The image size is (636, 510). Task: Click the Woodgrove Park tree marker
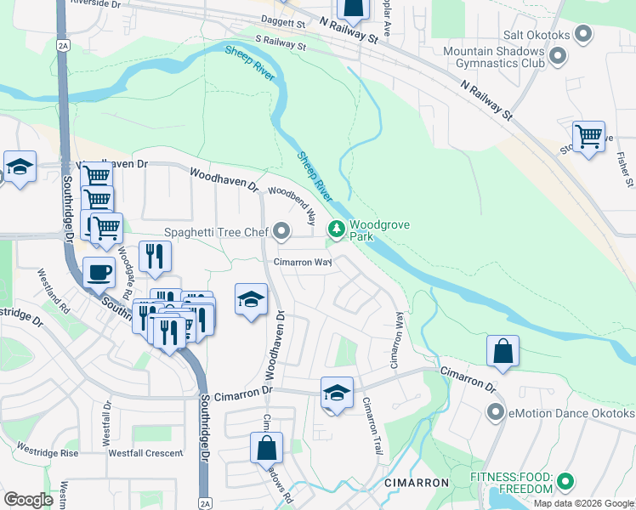[x=337, y=228]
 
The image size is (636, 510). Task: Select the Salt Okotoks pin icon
[x=582, y=34]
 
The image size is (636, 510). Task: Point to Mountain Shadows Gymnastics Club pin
[x=558, y=56]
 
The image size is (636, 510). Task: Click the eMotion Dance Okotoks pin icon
[x=497, y=413]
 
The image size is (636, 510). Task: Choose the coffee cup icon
[x=99, y=273]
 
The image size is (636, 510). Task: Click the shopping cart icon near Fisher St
[x=588, y=136]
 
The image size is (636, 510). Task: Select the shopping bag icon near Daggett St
[x=353, y=8]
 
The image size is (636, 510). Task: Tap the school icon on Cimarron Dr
[x=337, y=393]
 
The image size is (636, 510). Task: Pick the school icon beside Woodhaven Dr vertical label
[x=251, y=299]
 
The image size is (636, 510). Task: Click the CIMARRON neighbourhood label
[x=416, y=483]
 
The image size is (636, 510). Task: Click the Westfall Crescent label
[x=145, y=453]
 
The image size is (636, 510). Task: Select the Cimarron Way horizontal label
[x=302, y=263]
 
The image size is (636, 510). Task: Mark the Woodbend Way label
[x=293, y=204]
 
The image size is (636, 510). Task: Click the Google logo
[x=28, y=500]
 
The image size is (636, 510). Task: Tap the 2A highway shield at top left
[x=63, y=44]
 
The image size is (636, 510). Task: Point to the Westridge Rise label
[x=48, y=450]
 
